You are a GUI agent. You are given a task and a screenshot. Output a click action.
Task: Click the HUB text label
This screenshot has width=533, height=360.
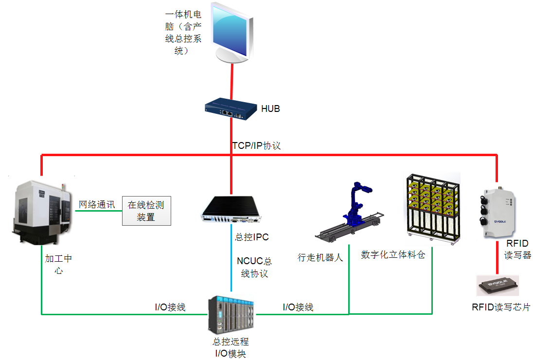click(x=270, y=109)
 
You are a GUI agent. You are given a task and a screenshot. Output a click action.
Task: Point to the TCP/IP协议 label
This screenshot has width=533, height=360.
click(x=256, y=145)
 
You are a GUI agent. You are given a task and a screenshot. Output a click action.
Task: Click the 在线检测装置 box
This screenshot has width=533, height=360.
click(x=146, y=211)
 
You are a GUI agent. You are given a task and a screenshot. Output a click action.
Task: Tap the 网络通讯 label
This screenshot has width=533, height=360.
click(x=97, y=204)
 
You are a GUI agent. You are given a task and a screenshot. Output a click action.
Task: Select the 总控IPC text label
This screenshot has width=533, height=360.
click(x=252, y=237)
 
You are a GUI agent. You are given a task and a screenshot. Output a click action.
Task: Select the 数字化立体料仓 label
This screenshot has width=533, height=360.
click(x=393, y=254)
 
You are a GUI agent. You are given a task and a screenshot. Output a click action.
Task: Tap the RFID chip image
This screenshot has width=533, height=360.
click(x=497, y=286)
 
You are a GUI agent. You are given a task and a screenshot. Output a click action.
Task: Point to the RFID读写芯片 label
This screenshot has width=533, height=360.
click(x=501, y=307)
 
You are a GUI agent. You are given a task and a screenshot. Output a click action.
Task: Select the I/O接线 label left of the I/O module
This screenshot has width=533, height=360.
click(x=170, y=307)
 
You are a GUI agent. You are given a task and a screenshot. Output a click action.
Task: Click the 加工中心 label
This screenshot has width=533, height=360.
click(x=58, y=265)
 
